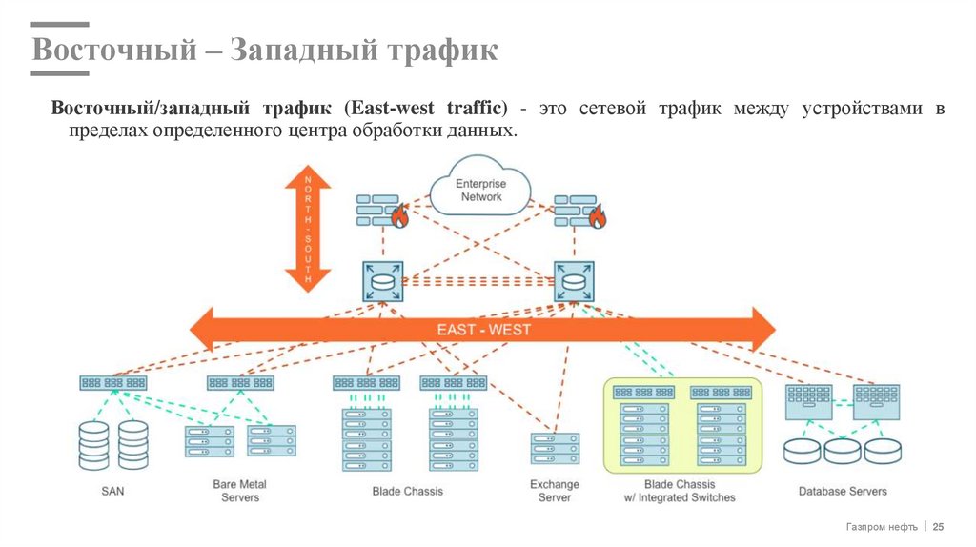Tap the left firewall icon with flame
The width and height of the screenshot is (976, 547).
coord(381,212)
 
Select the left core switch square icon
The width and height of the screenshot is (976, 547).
coord(382,282)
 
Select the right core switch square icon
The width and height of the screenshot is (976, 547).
coord(575,282)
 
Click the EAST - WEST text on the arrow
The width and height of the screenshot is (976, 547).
coord(483,330)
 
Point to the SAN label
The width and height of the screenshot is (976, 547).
coord(112,492)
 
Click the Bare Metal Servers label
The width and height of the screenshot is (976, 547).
coord(239,491)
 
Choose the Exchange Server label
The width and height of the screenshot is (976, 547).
coord(555,491)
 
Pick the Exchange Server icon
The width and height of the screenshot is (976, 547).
coord(555,449)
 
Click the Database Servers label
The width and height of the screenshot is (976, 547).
coord(842,492)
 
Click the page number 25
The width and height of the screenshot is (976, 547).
coord(938,527)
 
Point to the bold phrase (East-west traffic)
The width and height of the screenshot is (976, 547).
coord(426,109)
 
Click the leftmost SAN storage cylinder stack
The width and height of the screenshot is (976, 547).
coord(93,444)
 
